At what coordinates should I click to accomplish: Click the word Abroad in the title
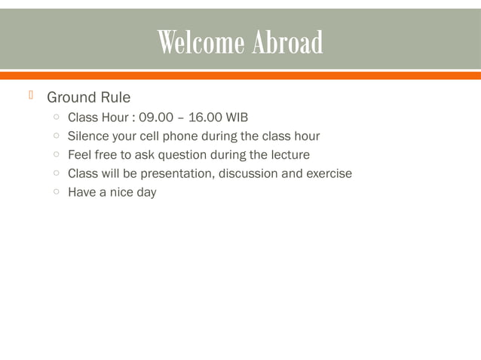(287, 43)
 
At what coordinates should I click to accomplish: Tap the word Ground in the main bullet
(72, 98)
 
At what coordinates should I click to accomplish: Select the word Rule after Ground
(115, 98)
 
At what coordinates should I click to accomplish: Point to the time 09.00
(155, 117)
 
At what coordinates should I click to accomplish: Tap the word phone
(179, 136)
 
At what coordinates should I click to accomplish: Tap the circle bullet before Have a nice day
(57, 193)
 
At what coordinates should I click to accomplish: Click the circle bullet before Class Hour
(57, 117)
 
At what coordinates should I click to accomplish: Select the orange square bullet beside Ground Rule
(31, 96)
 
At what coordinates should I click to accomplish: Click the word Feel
(80, 155)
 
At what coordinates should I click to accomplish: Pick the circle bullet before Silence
(57, 136)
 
